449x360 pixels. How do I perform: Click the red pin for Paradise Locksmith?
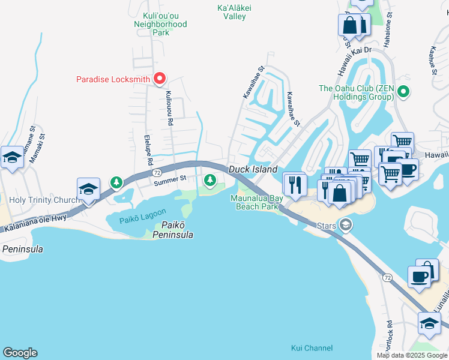[160, 79]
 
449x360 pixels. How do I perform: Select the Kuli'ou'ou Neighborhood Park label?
[161, 24]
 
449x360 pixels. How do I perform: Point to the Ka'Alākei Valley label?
[231, 12]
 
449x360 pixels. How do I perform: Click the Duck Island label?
[253, 170]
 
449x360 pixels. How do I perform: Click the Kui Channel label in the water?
[312, 348]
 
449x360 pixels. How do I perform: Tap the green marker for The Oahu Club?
[403, 92]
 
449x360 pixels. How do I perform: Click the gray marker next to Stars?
[345, 225]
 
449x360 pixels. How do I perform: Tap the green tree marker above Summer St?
[209, 179]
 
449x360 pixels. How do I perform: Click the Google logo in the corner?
[20, 353]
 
